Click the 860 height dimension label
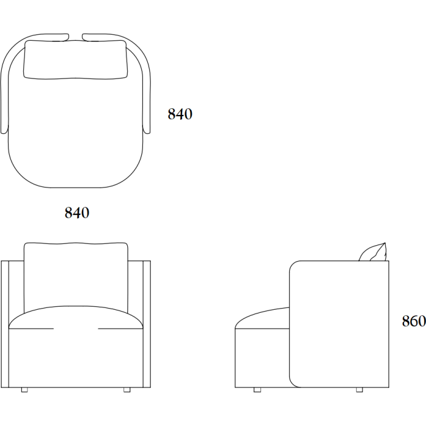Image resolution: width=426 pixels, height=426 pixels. (x=414, y=321)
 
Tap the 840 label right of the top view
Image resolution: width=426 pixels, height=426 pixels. (x=180, y=114)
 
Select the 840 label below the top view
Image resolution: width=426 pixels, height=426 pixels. (x=77, y=212)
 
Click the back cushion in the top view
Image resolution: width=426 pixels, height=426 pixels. (x=75, y=60)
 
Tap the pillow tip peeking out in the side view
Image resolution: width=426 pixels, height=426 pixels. (x=385, y=243)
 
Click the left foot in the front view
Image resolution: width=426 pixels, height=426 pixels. (x=24, y=390)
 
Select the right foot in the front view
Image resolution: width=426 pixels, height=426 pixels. (x=127, y=390)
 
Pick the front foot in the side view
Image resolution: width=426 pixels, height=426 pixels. (x=257, y=390)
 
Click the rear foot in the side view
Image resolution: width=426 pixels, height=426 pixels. (x=360, y=390)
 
